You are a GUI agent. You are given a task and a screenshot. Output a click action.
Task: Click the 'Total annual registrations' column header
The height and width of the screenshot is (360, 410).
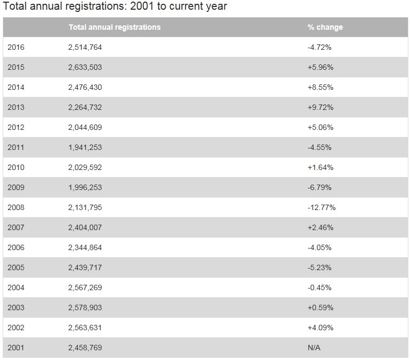pyautogui.click(x=114, y=27)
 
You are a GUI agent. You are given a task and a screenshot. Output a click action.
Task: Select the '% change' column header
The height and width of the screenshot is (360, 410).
pyautogui.click(x=325, y=27)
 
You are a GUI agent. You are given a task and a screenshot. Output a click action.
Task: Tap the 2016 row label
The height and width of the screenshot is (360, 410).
pyautogui.click(x=16, y=47)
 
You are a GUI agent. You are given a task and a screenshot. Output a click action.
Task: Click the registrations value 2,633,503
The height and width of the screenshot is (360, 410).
pyautogui.click(x=85, y=67)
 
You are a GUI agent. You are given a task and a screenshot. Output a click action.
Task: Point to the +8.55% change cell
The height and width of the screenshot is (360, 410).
pyautogui.click(x=320, y=87)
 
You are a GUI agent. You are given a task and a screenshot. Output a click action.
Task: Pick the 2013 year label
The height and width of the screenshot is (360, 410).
pyautogui.click(x=16, y=107)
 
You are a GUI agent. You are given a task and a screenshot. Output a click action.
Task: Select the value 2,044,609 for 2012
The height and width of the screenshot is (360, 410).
pyautogui.click(x=85, y=127)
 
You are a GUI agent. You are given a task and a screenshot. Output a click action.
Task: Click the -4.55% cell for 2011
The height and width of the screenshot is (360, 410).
pyautogui.click(x=319, y=147)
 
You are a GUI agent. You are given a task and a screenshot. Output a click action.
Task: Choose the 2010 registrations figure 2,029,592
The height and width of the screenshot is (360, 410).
pyautogui.click(x=85, y=167)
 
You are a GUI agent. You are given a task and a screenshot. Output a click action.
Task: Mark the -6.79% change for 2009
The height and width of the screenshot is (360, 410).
pyautogui.click(x=319, y=187)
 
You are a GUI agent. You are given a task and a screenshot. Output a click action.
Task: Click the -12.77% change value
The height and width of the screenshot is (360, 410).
pyautogui.click(x=321, y=207)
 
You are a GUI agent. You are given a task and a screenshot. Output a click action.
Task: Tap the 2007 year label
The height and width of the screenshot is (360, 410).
pyautogui.click(x=16, y=227)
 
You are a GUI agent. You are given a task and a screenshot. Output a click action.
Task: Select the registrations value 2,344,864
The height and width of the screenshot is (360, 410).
pyautogui.click(x=85, y=247)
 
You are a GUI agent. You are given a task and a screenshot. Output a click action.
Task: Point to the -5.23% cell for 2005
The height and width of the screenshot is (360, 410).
pyautogui.click(x=319, y=267)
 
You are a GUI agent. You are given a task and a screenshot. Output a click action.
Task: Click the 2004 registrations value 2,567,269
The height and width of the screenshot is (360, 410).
pyautogui.click(x=85, y=287)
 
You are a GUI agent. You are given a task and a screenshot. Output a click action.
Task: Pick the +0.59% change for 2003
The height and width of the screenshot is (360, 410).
pyautogui.click(x=320, y=307)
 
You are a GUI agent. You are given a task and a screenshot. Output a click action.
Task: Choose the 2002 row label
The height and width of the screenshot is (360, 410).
pyautogui.click(x=16, y=328)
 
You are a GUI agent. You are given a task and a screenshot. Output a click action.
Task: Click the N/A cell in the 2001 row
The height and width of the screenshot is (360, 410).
pyautogui.click(x=314, y=348)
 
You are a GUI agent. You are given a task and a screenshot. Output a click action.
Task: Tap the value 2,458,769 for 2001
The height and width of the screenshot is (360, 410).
pyautogui.click(x=85, y=348)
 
